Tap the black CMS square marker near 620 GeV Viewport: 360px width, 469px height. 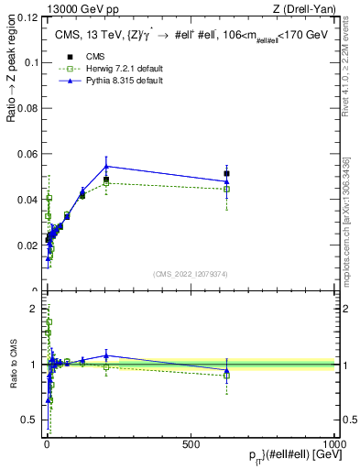point(226,173)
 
